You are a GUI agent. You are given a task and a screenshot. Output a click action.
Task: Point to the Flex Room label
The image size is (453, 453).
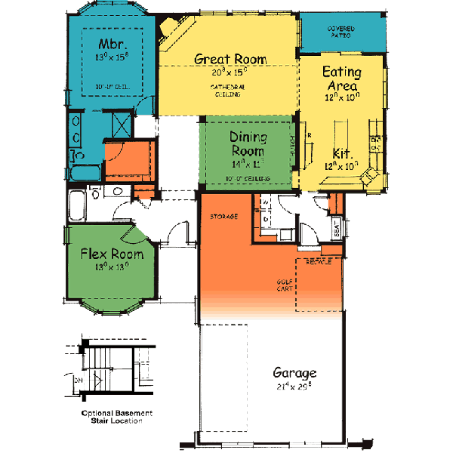click(112, 254)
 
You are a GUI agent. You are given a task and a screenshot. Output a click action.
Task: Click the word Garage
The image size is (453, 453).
click(294, 373)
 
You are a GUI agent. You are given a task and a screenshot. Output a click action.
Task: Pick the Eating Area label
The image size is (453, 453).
click(342, 79)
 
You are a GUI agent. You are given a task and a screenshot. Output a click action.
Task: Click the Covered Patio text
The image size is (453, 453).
click(341, 32)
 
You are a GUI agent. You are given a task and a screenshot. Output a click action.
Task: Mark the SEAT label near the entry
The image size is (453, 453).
click(336, 228)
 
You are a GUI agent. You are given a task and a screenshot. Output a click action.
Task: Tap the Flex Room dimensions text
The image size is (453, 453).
click(112, 266)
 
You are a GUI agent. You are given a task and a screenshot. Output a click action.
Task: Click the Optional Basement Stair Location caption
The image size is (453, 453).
click(117, 417)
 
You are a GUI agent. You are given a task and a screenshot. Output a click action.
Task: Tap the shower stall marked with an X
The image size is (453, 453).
click(121, 123)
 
